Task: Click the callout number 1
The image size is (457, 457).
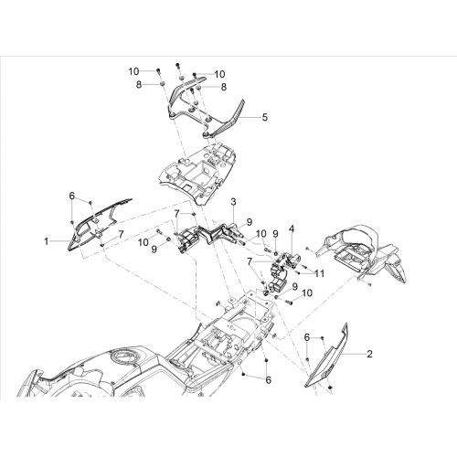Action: (47, 241)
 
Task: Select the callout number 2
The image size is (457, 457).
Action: (369, 354)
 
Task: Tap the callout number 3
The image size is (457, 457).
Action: (233, 202)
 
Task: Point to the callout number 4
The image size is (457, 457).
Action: (292, 228)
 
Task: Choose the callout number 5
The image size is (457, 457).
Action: (265, 117)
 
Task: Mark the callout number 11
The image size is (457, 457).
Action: (319, 273)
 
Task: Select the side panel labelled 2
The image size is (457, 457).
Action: (327, 356)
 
